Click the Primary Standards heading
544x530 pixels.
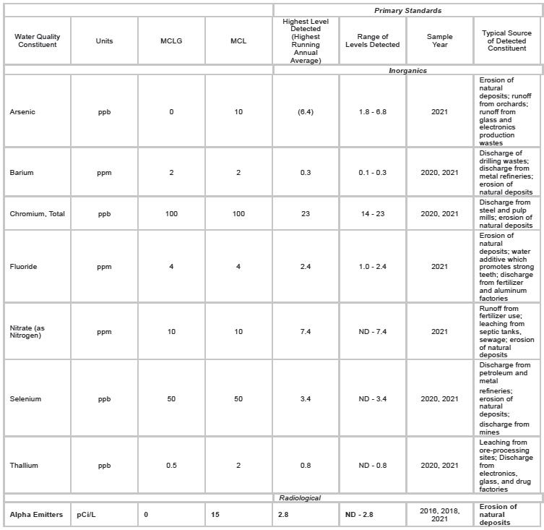[407, 10]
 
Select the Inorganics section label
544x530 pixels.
[407, 70]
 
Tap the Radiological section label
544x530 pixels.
[300, 497]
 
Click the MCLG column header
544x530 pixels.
[171, 41]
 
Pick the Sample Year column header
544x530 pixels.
[439, 41]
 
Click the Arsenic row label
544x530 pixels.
[22, 112]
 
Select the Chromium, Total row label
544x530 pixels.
[38, 214]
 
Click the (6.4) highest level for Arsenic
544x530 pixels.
[305, 112]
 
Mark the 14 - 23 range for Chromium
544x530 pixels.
[372, 214]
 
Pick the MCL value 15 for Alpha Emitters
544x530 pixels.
[215, 515]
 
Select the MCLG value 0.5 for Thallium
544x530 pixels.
[171, 466]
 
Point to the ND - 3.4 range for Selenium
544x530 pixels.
[372, 399]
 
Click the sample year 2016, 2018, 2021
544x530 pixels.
[439, 515]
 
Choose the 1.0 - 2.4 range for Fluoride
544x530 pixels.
[372, 267]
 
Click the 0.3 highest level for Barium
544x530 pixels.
[305, 173]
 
